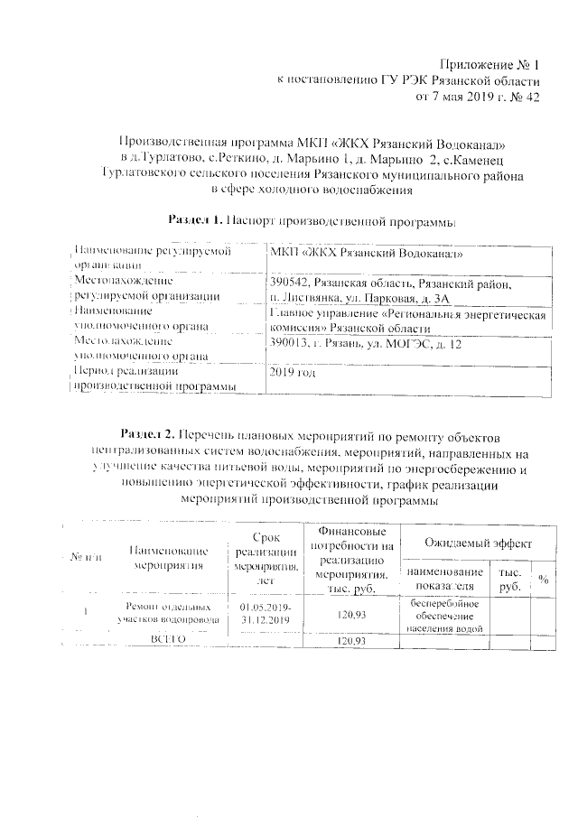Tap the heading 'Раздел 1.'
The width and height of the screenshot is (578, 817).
pos(198,219)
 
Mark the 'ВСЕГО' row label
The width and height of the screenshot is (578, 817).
pos(167,639)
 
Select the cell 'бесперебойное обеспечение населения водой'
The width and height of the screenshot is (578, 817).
pos(443,615)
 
